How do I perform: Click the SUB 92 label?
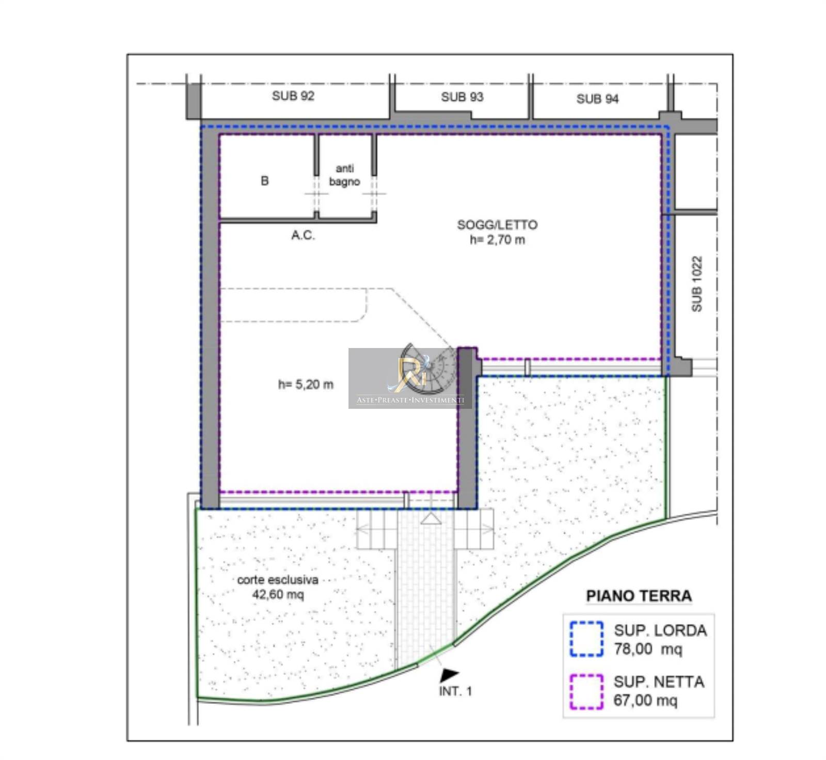(x=293, y=96)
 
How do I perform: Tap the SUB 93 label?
(x=462, y=97)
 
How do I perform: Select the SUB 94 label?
(x=597, y=99)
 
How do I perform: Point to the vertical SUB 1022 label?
(x=696, y=284)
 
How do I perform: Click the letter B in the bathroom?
(x=265, y=181)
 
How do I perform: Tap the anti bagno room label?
(x=344, y=175)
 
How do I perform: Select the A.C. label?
(x=303, y=235)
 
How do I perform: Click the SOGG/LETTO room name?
(x=497, y=225)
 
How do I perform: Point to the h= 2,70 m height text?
(x=497, y=240)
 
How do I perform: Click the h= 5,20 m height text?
(x=306, y=384)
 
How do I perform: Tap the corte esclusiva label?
(x=278, y=580)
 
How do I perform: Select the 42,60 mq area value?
(x=278, y=595)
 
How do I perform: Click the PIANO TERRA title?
(x=639, y=596)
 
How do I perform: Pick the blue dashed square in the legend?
(x=586, y=639)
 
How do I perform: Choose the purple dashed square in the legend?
(x=586, y=692)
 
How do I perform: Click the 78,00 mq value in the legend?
(x=648, y=649)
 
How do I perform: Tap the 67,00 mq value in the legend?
(x=645, y=701)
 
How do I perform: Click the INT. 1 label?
(x=455, y=691)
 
